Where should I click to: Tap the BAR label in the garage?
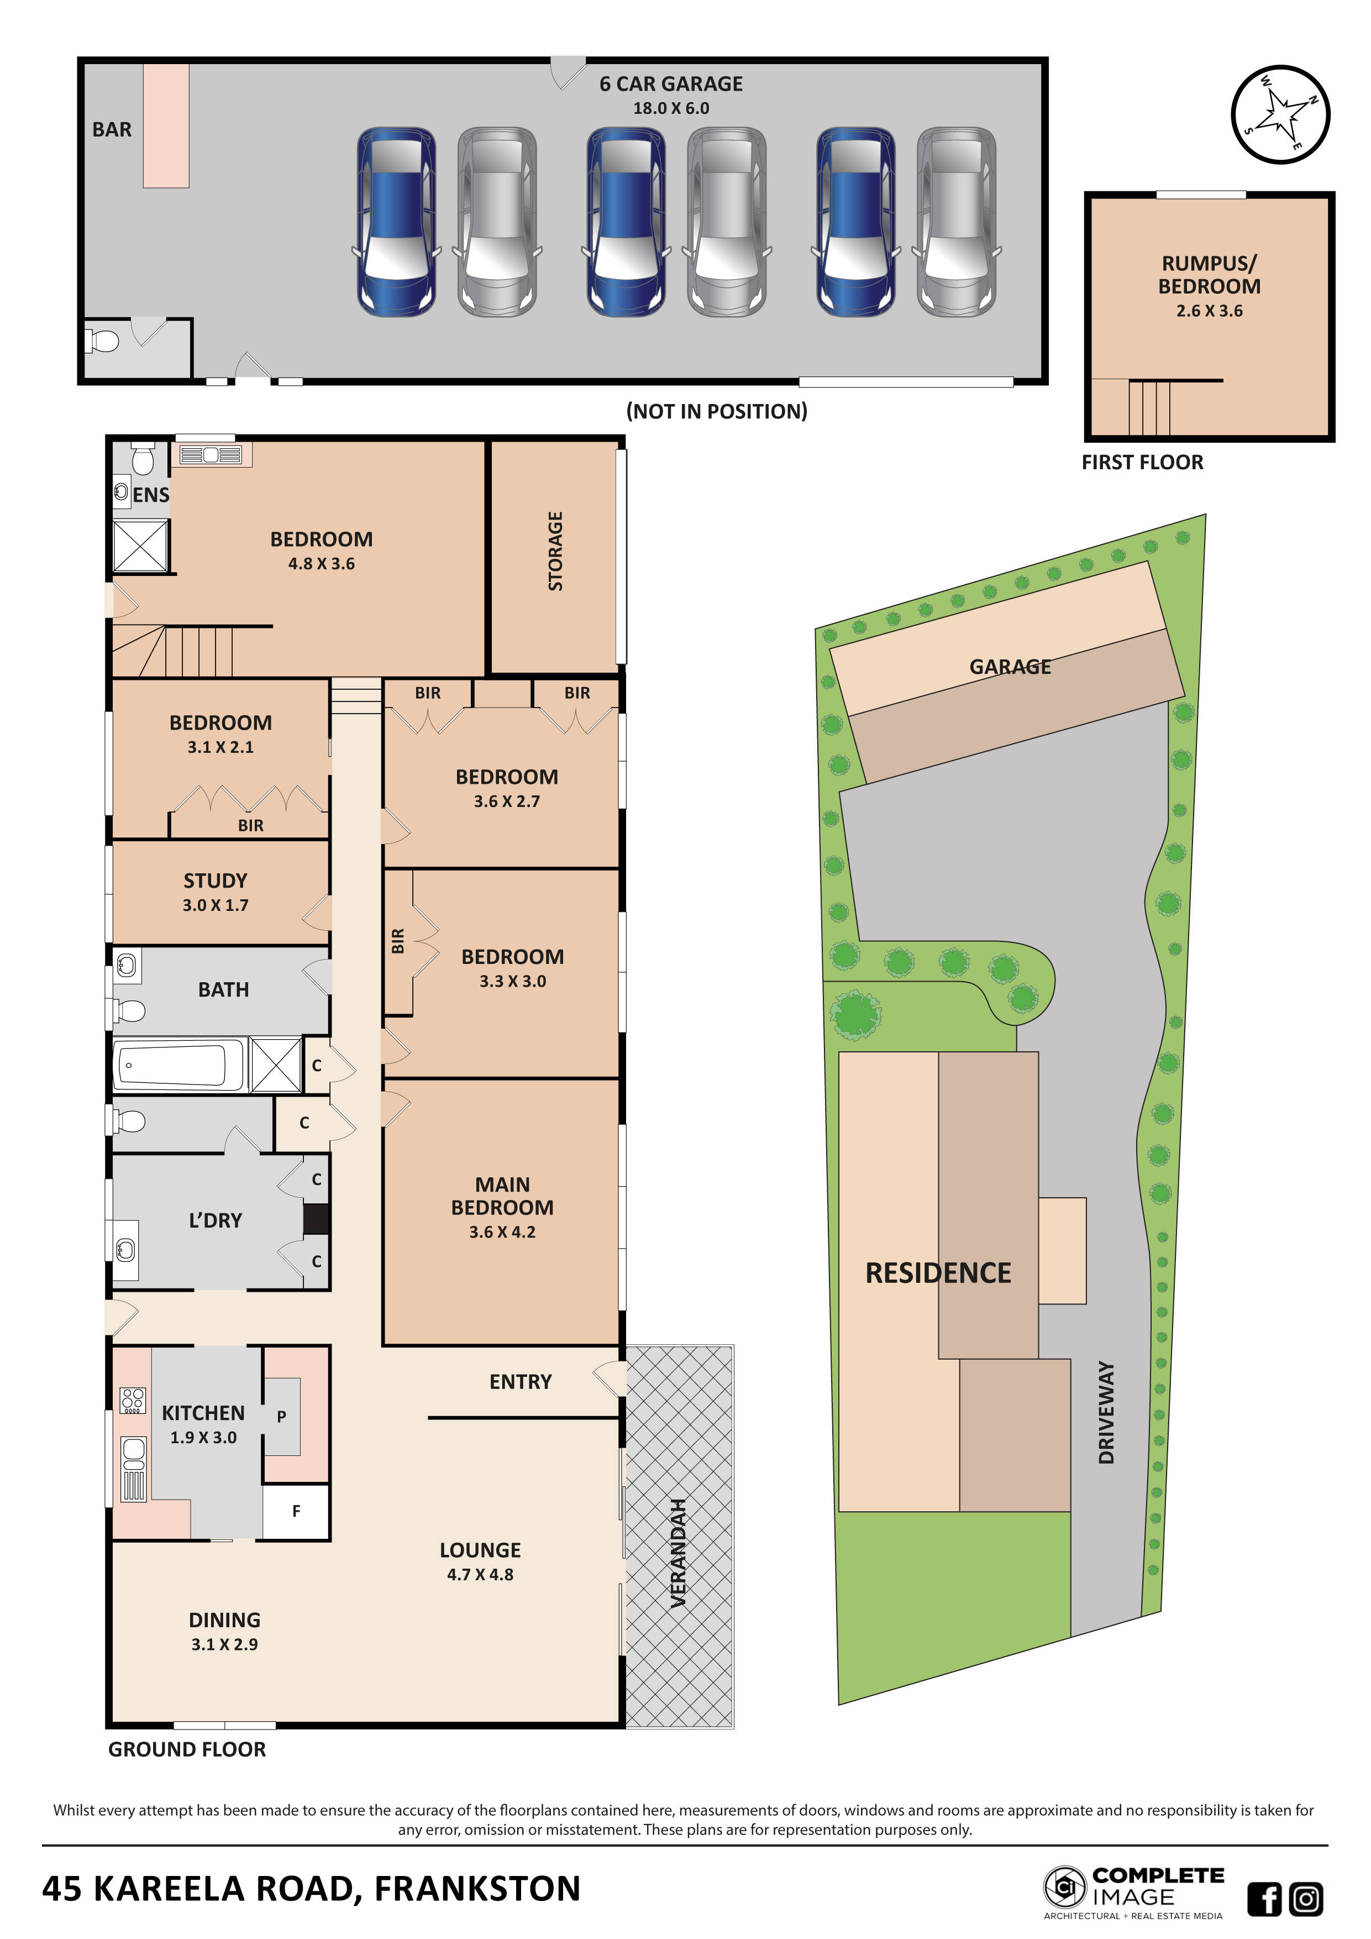point(112,130)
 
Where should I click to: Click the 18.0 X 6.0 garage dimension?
point(671,109)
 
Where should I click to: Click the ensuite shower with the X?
point(141,546)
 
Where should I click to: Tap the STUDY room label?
point(216,881)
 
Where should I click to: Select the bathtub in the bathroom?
point(178,1065)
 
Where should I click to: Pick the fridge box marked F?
point(296,1511)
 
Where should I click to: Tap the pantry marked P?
point(282,1416)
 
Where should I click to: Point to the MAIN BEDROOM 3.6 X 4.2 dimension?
point(502,1232)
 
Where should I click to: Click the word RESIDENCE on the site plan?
point(938,1273)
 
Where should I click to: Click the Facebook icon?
point(1264,1899)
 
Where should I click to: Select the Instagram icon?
point(1306,1899)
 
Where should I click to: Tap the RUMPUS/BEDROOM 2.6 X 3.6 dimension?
point(1209,311)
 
